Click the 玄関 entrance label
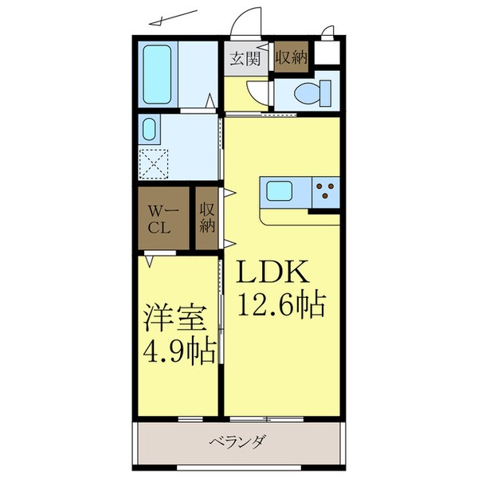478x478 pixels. (244, 57)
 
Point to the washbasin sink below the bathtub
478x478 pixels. (149, 129)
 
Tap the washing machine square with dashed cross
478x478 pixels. (155, 164)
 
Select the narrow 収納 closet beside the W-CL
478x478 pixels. (207, 217)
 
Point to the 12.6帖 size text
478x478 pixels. (279, 304)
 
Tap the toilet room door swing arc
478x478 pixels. (259, 92)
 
